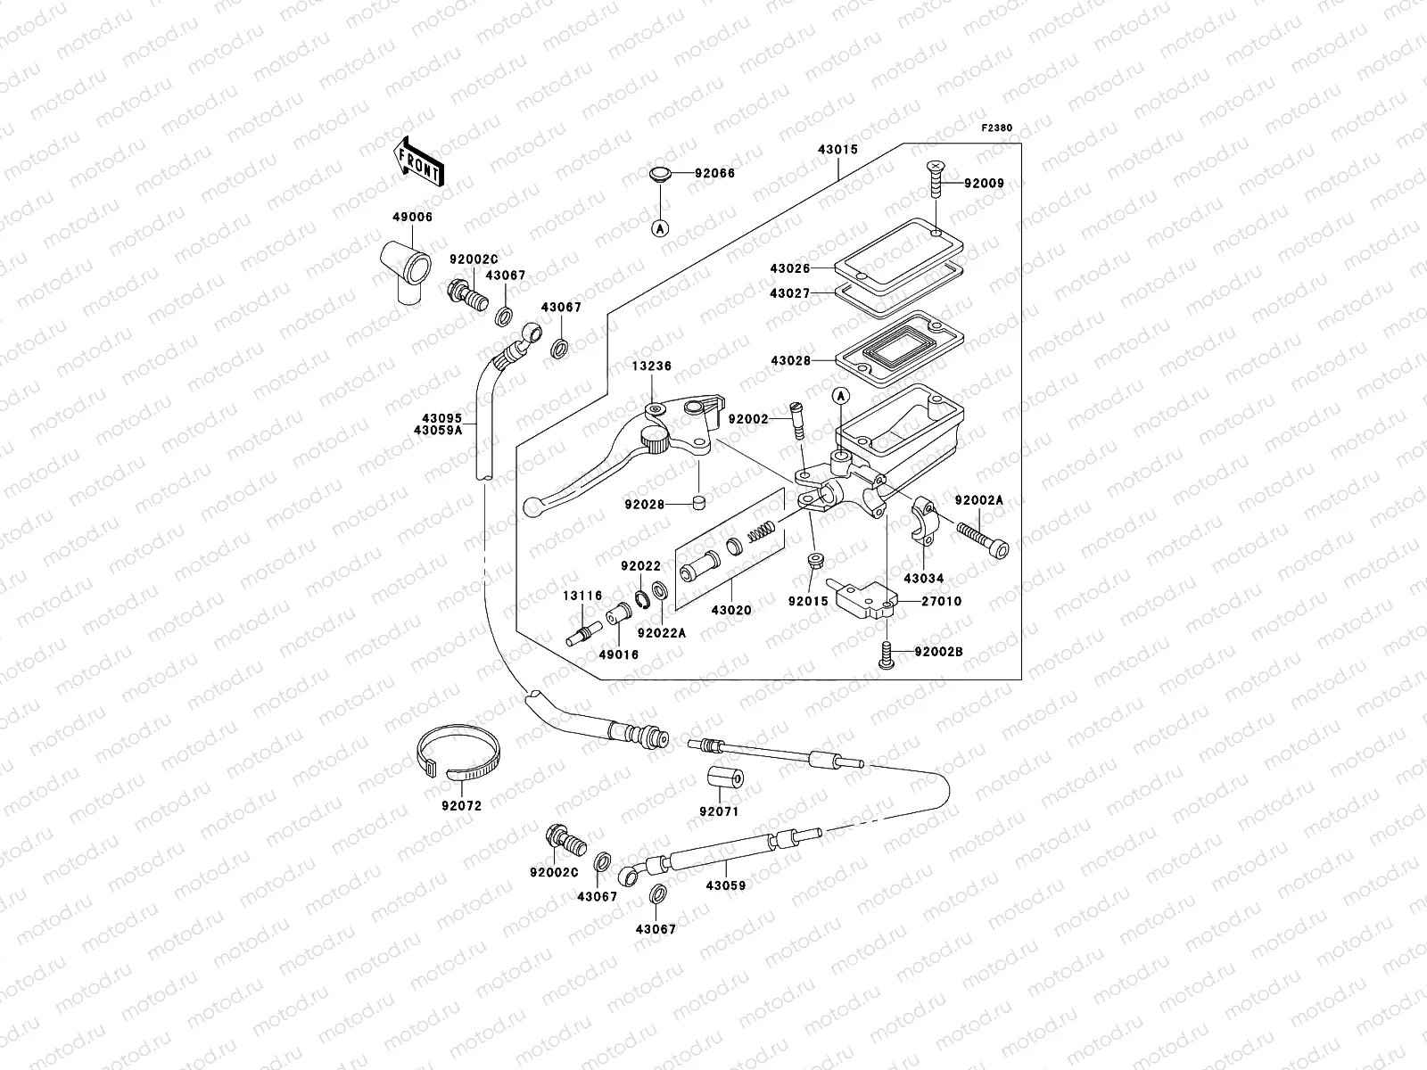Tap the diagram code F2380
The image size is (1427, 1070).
click(997, 128)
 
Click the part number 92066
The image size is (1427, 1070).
click(715, 174)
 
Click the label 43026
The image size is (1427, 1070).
click(790, 267)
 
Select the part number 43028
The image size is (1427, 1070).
click(790, 360)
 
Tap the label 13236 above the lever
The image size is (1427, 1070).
click(653, 366)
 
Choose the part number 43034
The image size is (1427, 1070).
click(922, 579)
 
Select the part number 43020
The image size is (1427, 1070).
click(731, 611)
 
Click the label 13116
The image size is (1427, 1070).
click(582, 596)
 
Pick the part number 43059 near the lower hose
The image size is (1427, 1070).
click(726, 886)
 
